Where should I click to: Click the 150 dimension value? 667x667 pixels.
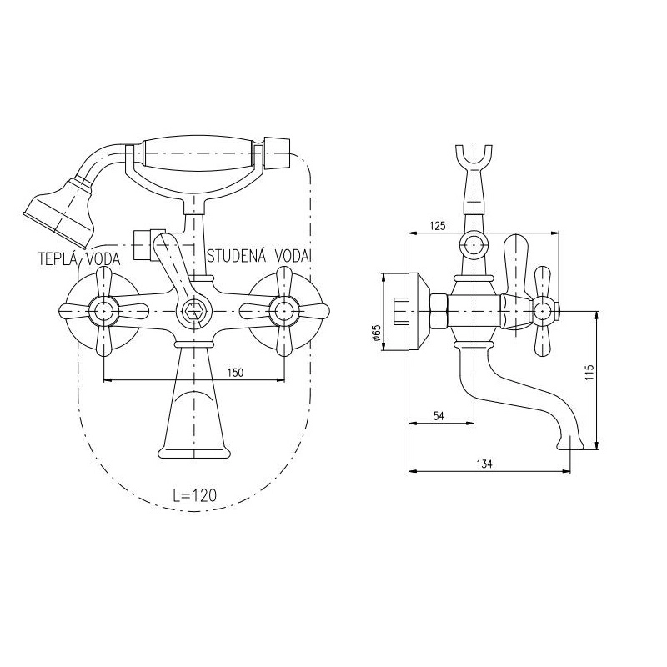(235, 373)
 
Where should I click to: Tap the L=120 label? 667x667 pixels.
(195, 495)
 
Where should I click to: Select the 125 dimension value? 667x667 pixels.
(437, 226)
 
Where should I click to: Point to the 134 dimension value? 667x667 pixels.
(484, 464)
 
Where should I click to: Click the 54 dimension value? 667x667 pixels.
(439, 415)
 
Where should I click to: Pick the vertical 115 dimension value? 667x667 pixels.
(589, 373)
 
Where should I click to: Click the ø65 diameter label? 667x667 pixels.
(376, 333)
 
